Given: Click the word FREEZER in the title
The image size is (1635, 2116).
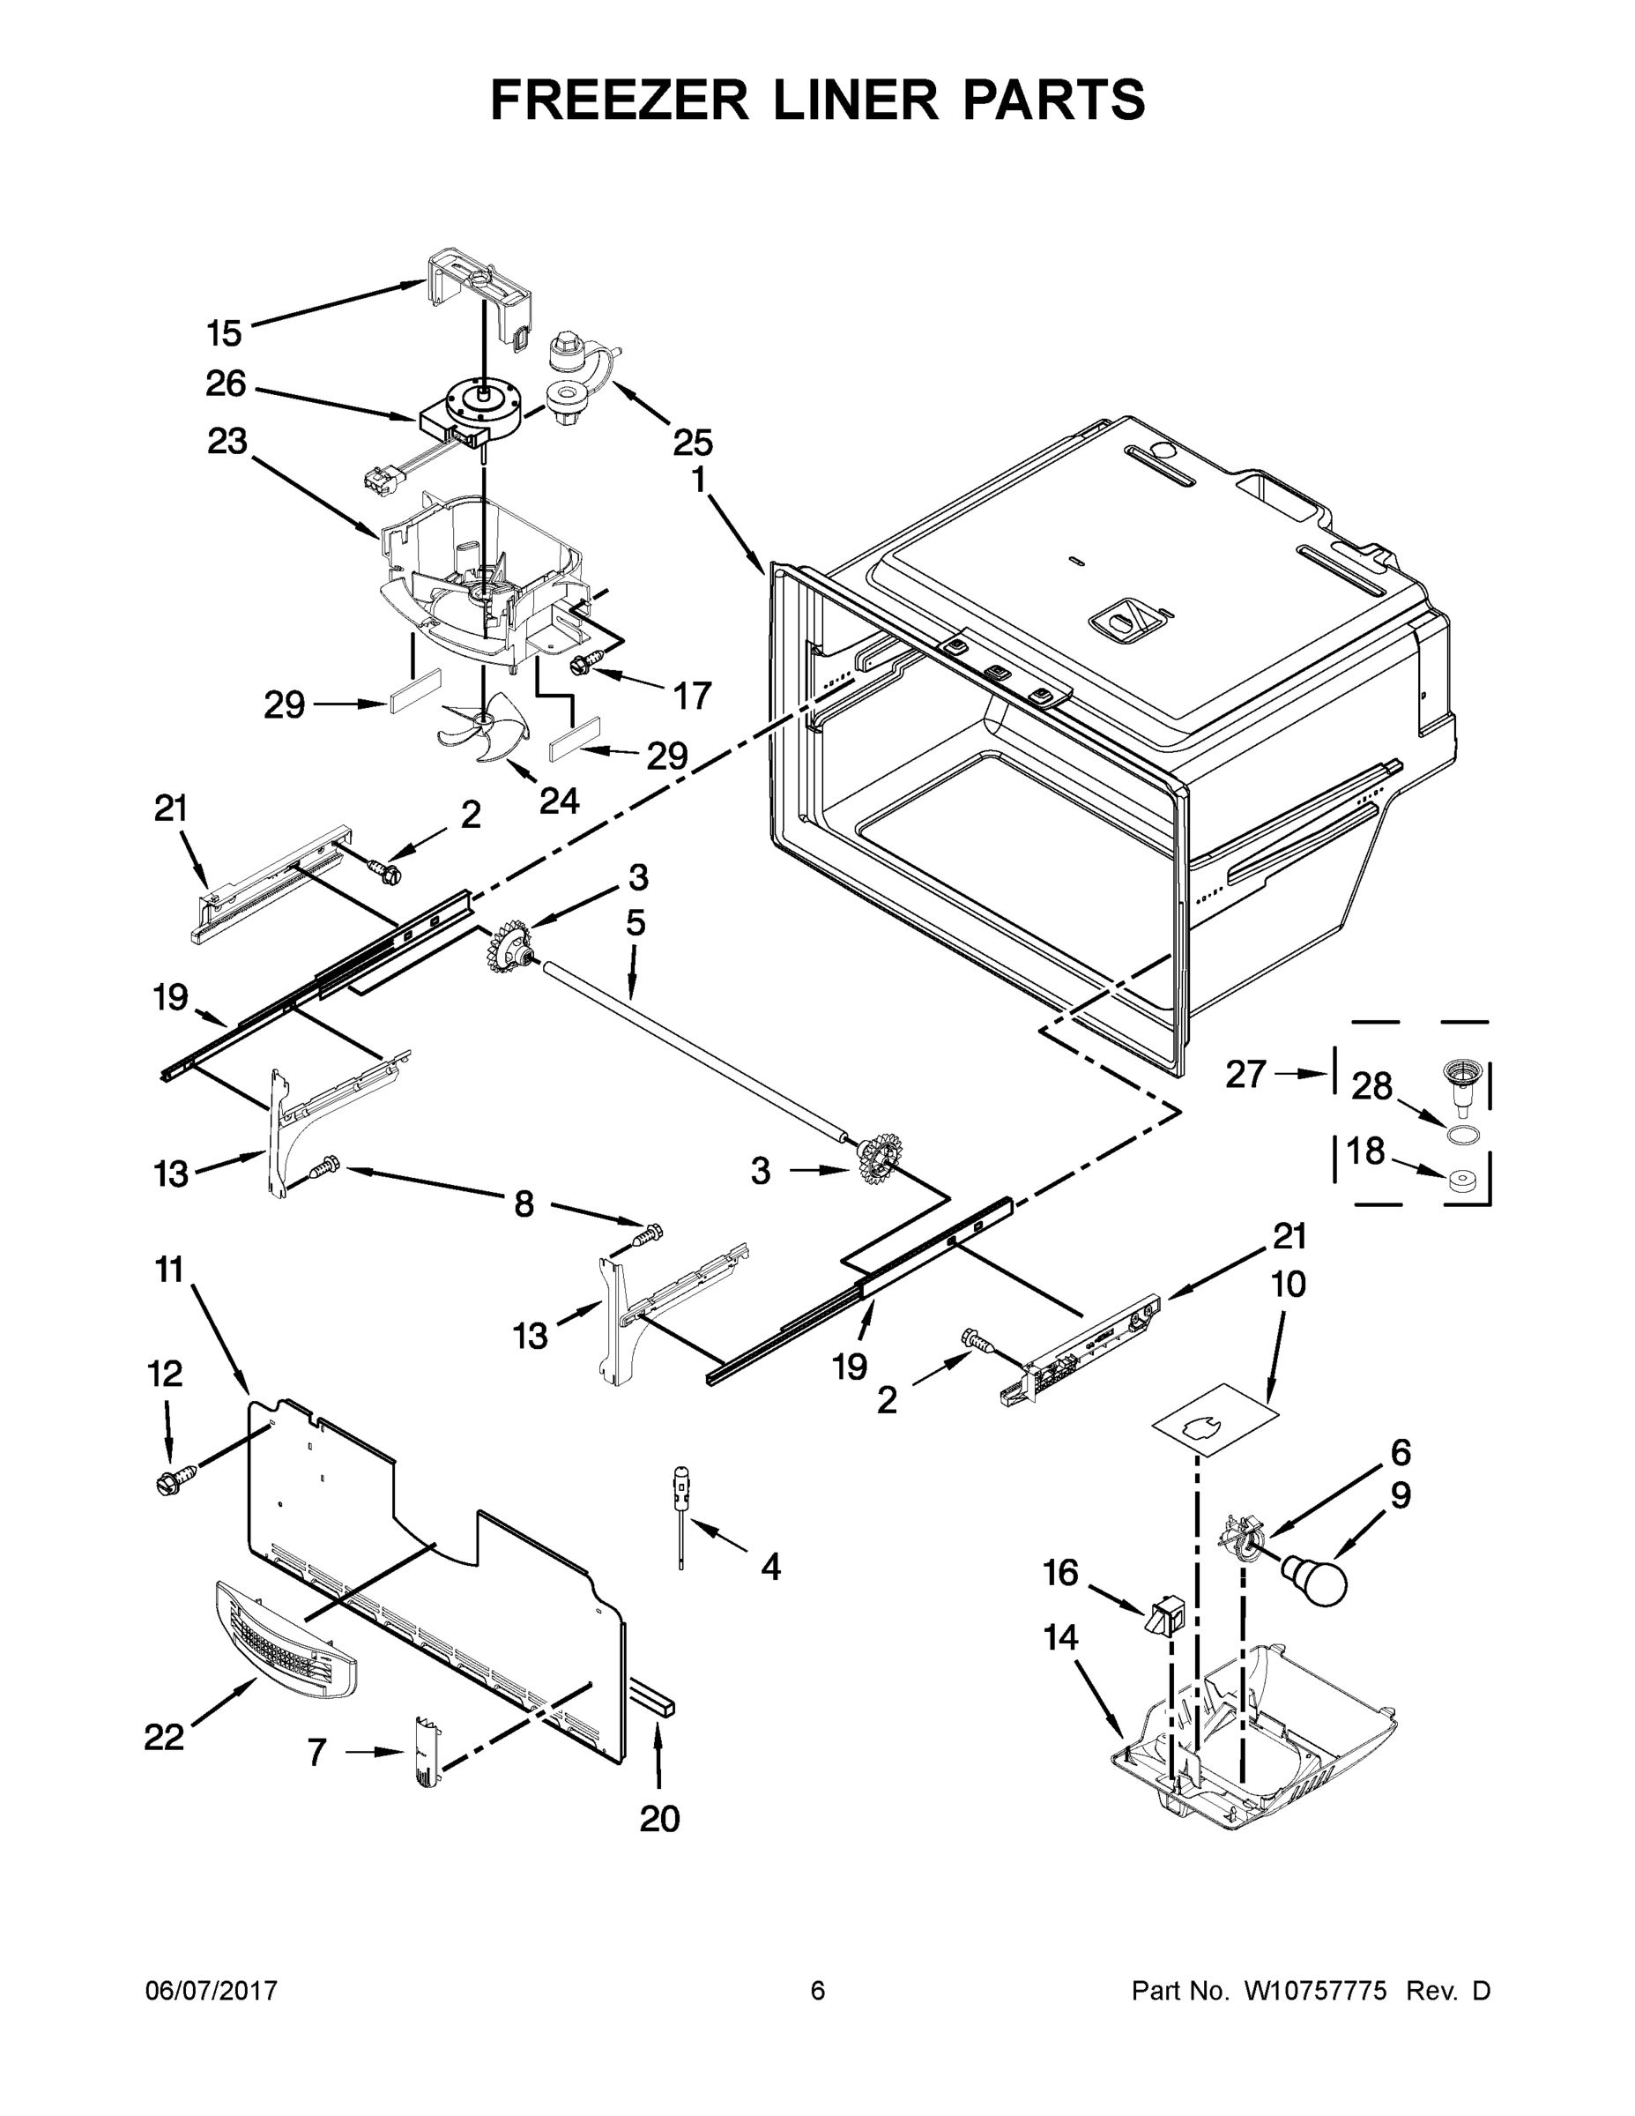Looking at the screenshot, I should point(620,100).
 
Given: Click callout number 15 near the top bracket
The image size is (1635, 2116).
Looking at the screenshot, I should point(224,333).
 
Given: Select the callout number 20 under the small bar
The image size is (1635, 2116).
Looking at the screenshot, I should point(659,1819).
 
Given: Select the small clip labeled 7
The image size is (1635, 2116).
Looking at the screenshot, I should point(427,1753).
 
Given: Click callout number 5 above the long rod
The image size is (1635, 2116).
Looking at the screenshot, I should point(635,923).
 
